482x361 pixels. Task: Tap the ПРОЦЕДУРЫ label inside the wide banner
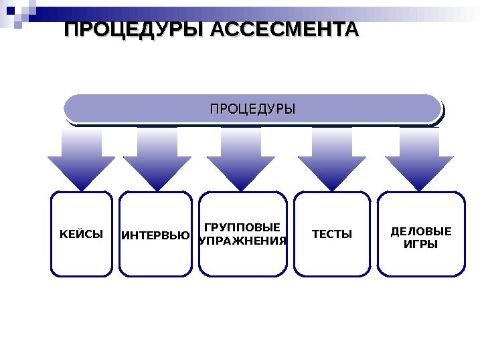click(252, 108)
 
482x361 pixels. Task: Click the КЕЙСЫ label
click(82, 235)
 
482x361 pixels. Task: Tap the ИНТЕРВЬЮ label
click(155, 235)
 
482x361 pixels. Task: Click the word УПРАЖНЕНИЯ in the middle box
click(243, 241)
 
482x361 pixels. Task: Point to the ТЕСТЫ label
click(331, 235)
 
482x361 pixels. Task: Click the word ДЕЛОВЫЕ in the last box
click(421, 232)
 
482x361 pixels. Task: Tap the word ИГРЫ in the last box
click(421, 245)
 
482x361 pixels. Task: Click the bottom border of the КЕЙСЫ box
click(82, 275)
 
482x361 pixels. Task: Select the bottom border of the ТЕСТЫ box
click(331, 275)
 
